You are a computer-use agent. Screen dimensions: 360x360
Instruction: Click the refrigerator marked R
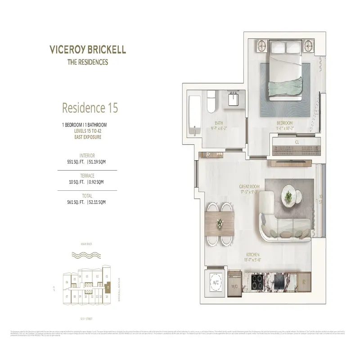pyautogui.click(x=304, y=283)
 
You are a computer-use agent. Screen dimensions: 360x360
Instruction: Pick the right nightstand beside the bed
pyautogui.click(x=309, y=45)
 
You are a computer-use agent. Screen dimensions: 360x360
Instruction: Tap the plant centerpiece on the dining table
pyautogui.click(x=220, y=222)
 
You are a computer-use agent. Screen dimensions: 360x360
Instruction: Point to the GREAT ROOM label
pyautogui.click(x=248, y=186)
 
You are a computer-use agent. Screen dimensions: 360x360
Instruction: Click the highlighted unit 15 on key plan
pyautogui.click(x=108, y=287)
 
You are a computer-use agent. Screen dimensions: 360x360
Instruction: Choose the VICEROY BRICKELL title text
pyautogui.click(x=88, y=49)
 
